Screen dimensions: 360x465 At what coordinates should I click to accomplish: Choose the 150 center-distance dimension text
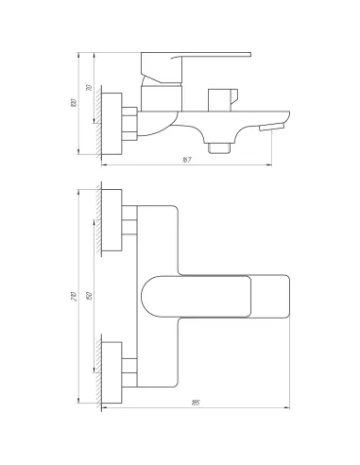[88, 296]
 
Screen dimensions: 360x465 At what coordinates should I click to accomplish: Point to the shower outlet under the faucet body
[223, 146]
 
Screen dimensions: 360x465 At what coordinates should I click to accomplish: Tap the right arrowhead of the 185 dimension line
[285, 409]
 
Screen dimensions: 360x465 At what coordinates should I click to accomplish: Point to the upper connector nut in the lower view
[130, 220]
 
